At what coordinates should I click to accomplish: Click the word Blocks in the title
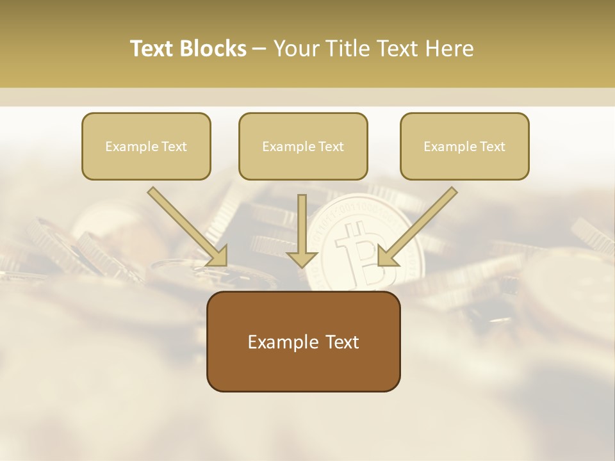click(215, 49)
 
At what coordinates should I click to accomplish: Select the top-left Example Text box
click(146, 147)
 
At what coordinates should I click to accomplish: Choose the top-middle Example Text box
click(303, 147)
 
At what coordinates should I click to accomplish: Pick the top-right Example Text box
click(464, 147)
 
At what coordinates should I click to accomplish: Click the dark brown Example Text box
click(303, 341)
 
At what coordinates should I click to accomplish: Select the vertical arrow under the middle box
click(302, 224)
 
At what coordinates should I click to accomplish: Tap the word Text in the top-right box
click(493, 147)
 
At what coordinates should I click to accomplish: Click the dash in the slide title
click(260, 49)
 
